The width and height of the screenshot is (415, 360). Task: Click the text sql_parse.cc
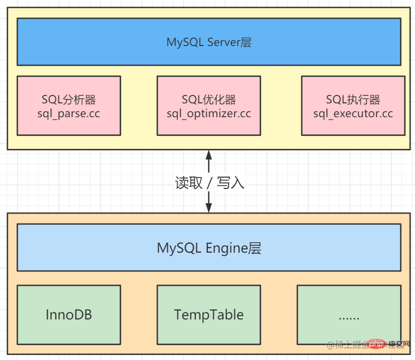pos(69,114)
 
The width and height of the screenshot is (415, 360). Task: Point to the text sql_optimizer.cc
pos(209,114)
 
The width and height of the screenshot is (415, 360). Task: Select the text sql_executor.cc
pos(353,114)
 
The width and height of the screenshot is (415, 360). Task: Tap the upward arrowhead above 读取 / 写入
pos(209,154)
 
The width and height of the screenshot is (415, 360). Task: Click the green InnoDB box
pos(69,315)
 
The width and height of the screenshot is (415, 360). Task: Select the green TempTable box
pos(209,315)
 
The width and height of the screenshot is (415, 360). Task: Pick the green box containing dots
pos(349,315)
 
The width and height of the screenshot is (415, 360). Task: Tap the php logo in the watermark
pos(377,344)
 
